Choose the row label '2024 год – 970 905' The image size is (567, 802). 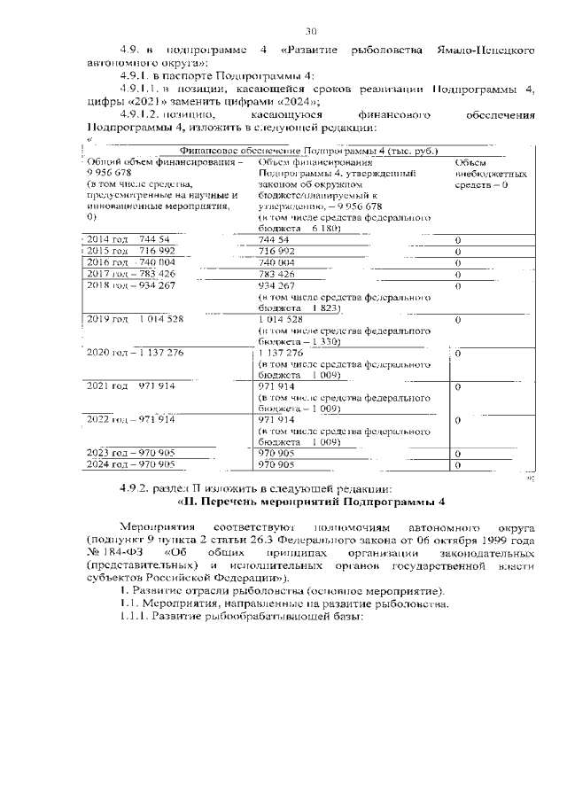(131, 464)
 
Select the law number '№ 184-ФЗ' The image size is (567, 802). (113, 552)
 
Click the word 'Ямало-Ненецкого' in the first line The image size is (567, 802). (481, 52)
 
